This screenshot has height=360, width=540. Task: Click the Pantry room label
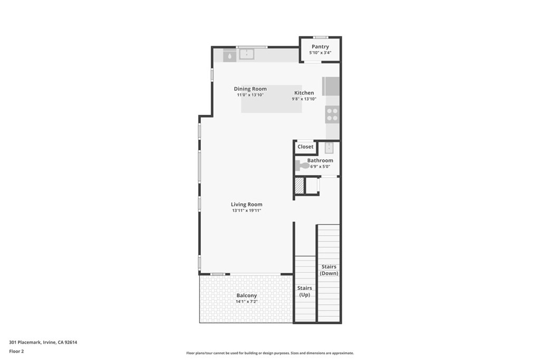tap(320, 46)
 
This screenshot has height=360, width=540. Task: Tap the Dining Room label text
tap(250, 89)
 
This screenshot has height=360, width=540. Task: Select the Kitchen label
tap(304, 93)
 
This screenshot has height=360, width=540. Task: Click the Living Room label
tap(246, 205)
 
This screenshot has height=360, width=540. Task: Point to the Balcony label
tap(246, 296)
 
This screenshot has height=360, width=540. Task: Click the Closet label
tap(305, 147)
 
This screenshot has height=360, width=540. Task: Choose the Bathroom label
tap(320, 160)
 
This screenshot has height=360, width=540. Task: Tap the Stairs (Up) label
tap(305, 291)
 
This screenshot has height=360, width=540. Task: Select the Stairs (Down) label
tap(329, 270)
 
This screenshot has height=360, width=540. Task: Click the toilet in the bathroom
tap(302, 166)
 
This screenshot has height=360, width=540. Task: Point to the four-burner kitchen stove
tap(332, 114)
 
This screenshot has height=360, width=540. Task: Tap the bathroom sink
tap(329, 148)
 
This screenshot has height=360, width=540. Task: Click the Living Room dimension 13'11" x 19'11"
tap(246, 211)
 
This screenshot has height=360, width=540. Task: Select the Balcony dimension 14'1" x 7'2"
tap(246, 302)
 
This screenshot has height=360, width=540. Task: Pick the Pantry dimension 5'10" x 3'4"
tap(320, 53)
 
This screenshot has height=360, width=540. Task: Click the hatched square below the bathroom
tap(299, 186)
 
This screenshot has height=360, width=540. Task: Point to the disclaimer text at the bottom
tap(269, 353)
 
